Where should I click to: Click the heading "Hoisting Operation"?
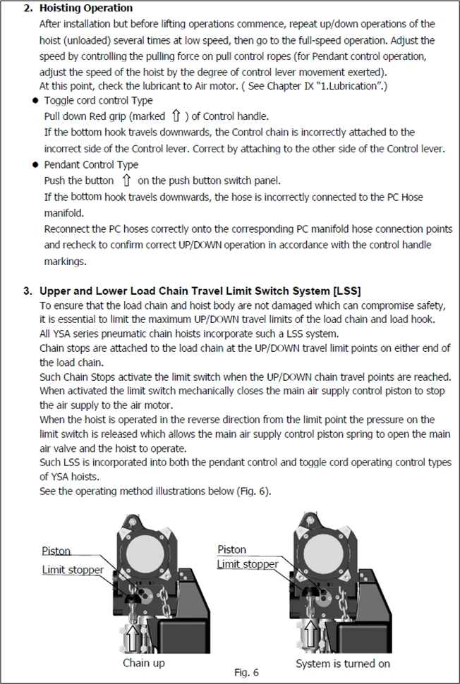pos(85,8)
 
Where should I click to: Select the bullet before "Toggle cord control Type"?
pos(35,102)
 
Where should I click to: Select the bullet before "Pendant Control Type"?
pos(35,164)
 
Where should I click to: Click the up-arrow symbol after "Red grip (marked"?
pos(176,116)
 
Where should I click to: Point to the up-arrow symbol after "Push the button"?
pos(127,181)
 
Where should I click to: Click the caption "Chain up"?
pos(144,663)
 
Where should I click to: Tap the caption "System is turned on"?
pos(343,664)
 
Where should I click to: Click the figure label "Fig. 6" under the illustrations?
pos(246,673)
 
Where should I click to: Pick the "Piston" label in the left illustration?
pos(56,551)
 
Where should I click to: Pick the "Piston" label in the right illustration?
pos(232,549)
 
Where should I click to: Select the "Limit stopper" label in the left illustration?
pos(73,570)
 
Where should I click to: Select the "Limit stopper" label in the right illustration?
pos(248,564)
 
